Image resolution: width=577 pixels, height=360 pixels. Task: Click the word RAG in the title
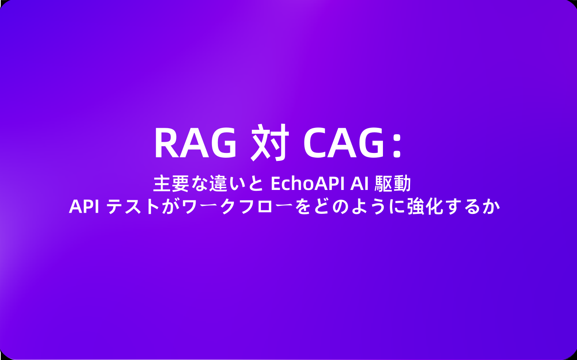pos(195,143)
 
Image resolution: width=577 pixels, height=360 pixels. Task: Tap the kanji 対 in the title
pos(270,143)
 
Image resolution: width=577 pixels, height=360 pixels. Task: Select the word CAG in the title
pos(343,143)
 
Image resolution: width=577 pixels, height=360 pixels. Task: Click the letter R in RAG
pos(166,143)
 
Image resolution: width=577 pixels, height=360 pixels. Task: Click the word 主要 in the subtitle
pos(171,184)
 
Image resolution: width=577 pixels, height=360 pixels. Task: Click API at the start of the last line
pos(84,207)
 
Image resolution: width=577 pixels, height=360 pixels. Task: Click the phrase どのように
pos(359,207)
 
